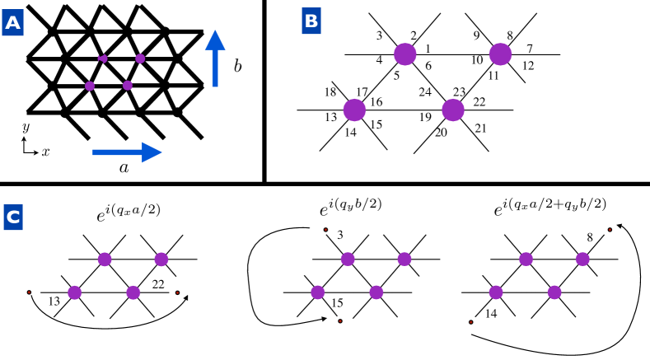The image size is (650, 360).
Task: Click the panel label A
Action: tap(14, 26)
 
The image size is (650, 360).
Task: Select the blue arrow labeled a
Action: tap(126, 152)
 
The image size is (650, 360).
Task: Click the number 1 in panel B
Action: tap(428, 49)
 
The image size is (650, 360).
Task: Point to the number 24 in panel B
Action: tap(424, 92)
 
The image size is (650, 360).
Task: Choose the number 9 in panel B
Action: tap(476, 35)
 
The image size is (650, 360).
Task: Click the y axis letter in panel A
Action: tap(26, 128)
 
